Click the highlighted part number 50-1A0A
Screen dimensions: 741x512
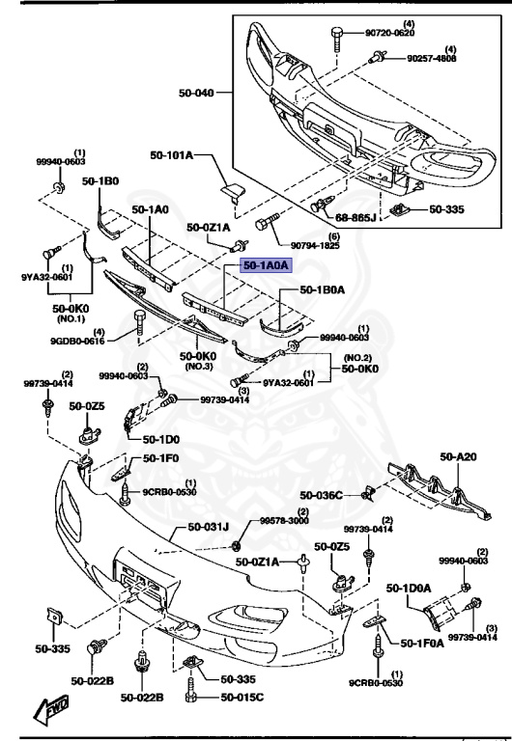(264, 266)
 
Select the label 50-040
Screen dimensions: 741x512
(196, 94)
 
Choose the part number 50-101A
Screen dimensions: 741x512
(171, 154)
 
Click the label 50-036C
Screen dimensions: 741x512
(322, 494)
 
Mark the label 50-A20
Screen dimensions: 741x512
(458, 456)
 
